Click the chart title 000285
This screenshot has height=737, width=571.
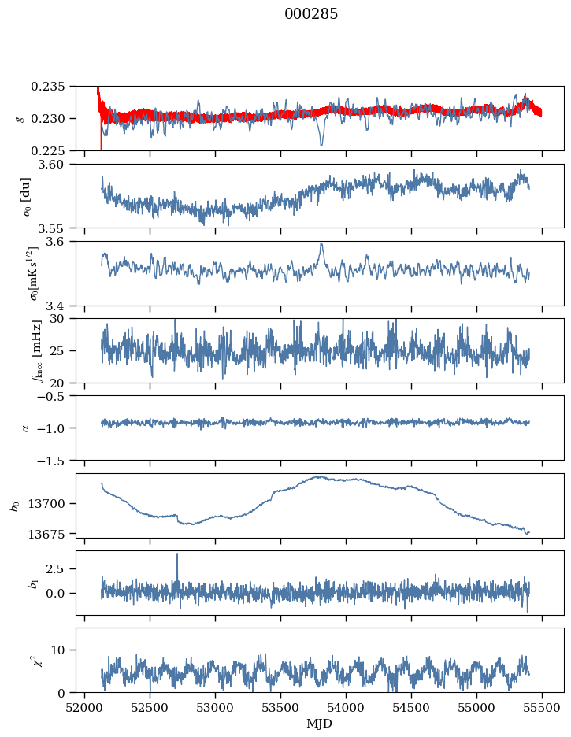click(311, 14)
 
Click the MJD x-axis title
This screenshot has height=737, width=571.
click(320, 723)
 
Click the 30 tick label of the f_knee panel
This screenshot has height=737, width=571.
click(65, 318)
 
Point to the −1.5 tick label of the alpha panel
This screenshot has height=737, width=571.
click(58, 460)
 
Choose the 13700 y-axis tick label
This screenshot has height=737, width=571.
click(54, 503)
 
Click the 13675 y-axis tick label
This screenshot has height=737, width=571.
click(54, 533)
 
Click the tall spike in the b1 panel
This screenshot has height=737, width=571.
click(177, 555)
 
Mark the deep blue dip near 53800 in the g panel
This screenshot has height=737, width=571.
click(321, 144)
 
